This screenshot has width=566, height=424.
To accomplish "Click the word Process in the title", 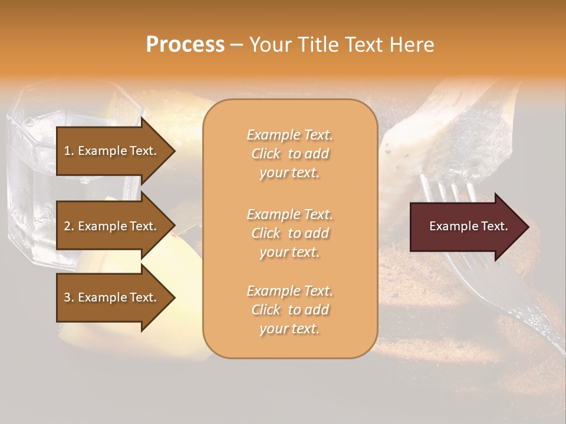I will click(185, 45).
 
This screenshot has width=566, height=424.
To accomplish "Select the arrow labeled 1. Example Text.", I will click(112, 151).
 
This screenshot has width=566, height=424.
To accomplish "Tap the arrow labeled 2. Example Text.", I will click(112, 226).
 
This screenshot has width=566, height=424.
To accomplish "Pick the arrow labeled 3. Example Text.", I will click(112, 297).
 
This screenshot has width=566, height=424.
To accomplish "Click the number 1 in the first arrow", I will click(67, 151).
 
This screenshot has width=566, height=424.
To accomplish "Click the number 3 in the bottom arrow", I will click(67, 297).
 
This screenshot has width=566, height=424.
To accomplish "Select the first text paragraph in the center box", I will click(289, 154).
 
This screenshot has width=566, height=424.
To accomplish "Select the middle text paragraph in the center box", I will click(289, 233).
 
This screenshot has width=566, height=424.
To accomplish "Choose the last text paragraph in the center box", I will click(289, 310).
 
